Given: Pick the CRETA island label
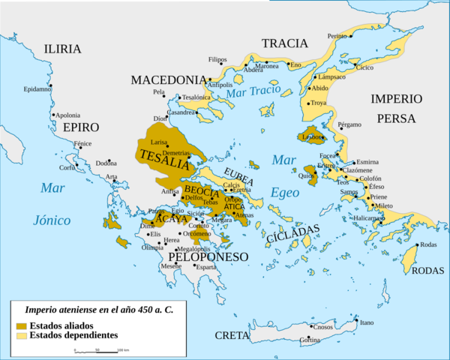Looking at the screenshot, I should pyautogui.click(x=232, y=335).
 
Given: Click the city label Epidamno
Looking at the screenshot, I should pyautogui.click(x=37, y=88).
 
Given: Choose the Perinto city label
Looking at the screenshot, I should pyautogui.click(x=338, y=36).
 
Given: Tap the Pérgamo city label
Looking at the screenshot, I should pyautogui.click(x=349, y=124).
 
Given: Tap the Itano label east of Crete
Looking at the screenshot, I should pyautogui.click(x=367, y=323).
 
